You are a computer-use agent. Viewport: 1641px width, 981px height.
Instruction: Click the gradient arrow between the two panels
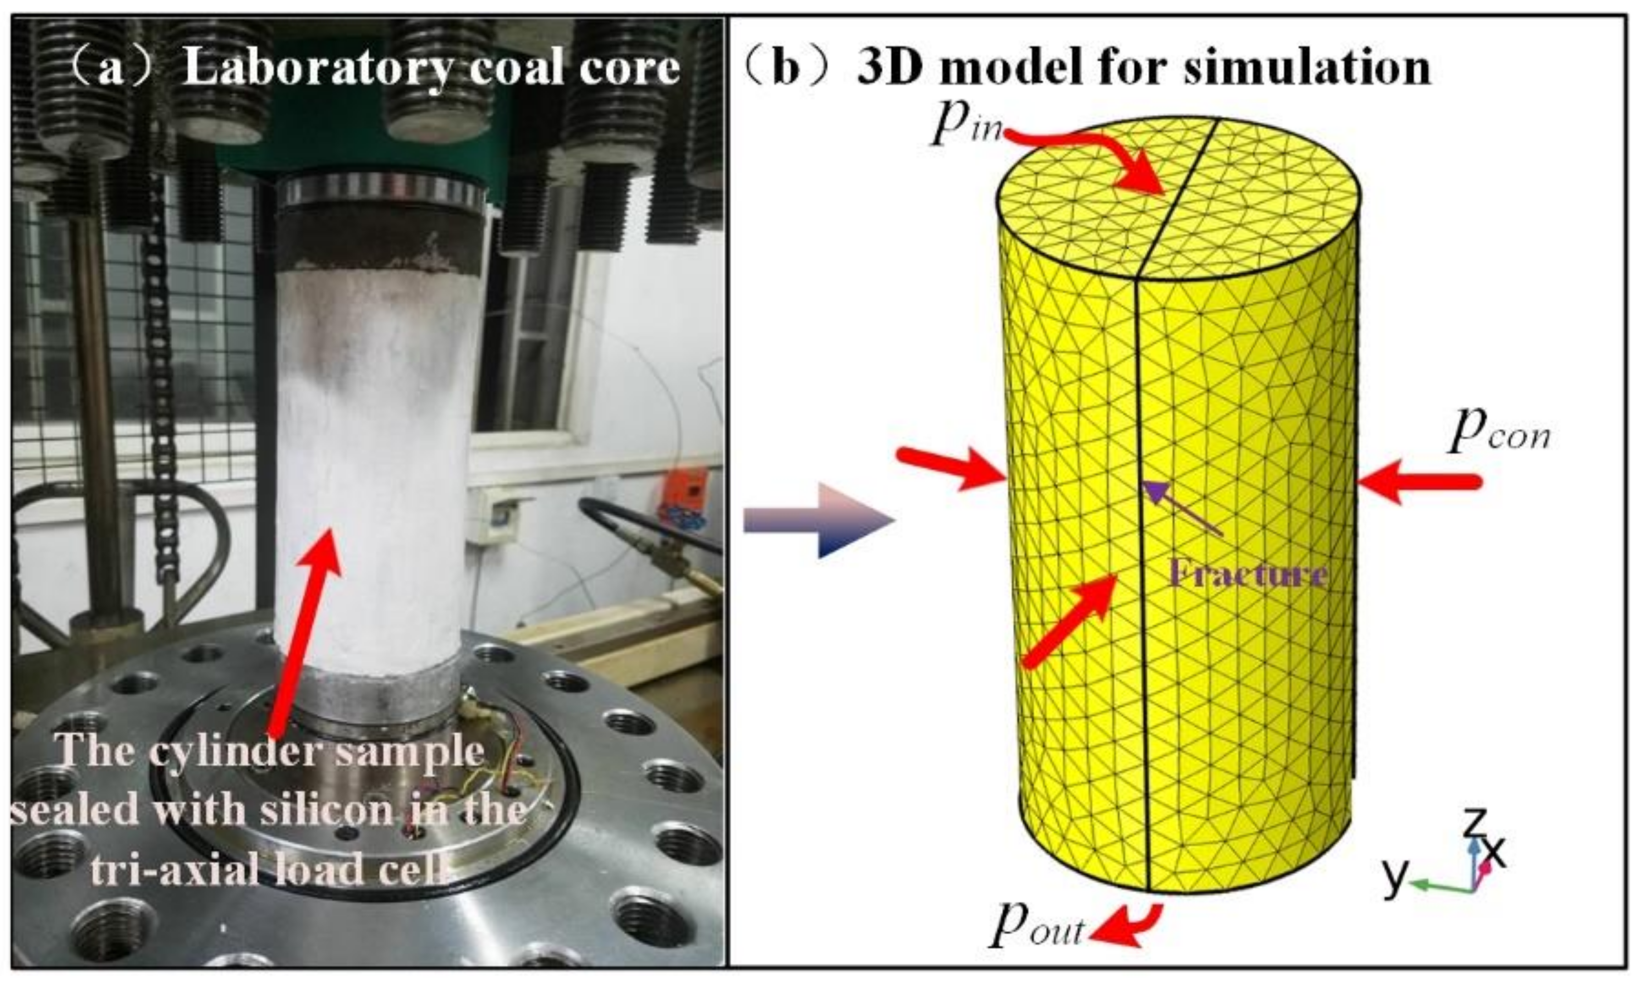point(820,519)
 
